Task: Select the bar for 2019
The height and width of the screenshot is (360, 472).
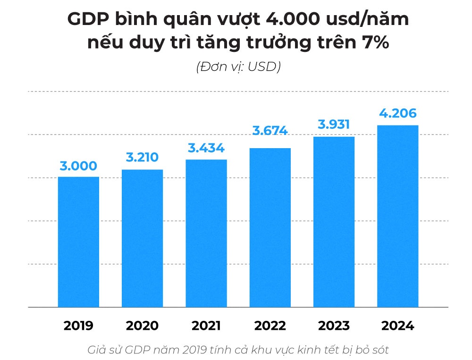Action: [78, 242]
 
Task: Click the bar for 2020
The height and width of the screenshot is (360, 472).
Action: [142, 238]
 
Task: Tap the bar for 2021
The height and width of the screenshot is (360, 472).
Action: [206, 234]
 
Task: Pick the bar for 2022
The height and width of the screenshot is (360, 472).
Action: [270, 228]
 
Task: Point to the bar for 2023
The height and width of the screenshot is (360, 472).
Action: [334, 222]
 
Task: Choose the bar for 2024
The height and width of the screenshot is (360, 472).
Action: [398, 217]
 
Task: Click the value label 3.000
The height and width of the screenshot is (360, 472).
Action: [78, 166]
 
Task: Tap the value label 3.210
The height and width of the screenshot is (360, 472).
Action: [142, 158]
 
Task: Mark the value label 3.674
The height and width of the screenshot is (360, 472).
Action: [270, 131]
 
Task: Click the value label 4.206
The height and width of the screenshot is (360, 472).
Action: [398, 114]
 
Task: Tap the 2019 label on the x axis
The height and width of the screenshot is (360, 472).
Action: [78, 326]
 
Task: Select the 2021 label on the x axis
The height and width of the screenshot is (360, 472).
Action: [206, 326]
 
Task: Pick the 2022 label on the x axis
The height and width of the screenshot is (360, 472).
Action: [270, 326]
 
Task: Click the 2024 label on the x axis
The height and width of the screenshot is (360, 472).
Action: [398, 326]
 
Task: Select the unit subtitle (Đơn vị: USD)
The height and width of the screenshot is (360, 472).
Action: [238, 67]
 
